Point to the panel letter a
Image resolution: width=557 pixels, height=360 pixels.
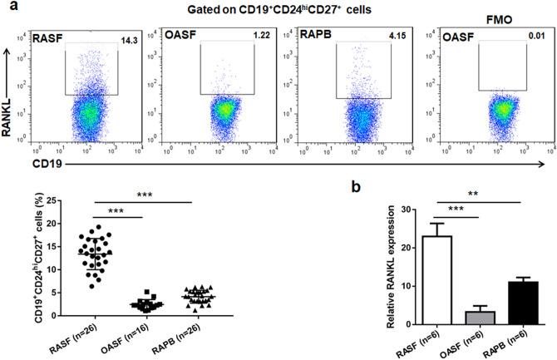pyautogui.click(x=7, y=7)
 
